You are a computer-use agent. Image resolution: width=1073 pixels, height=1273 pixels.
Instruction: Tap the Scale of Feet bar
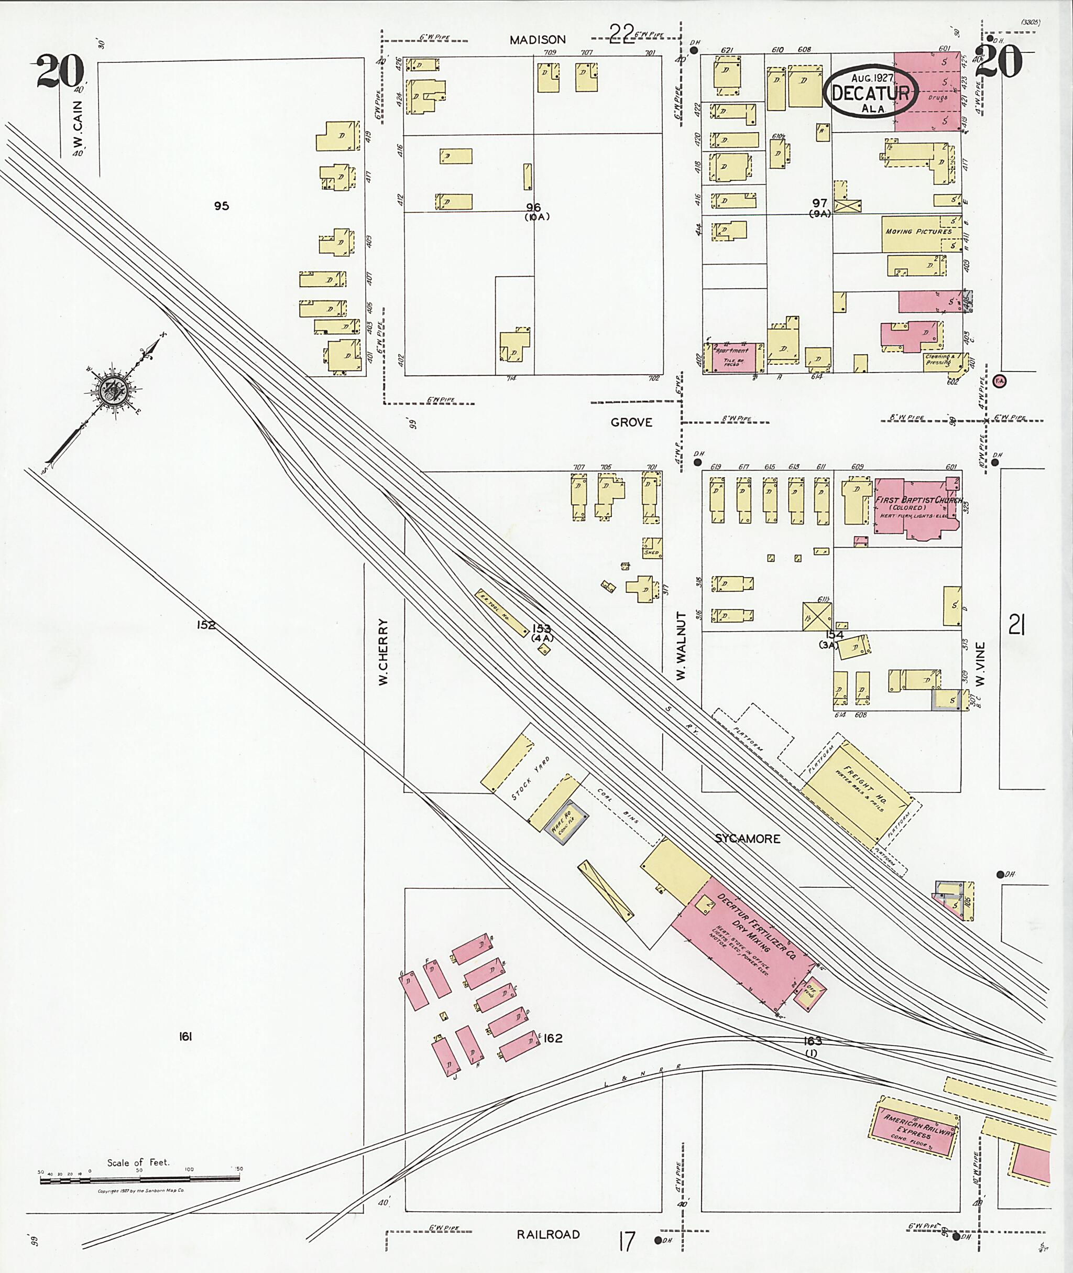[139, 1181]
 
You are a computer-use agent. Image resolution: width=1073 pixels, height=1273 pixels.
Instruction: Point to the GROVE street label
[631, 422]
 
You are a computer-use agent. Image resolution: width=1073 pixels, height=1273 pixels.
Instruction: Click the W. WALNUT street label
[681, 646]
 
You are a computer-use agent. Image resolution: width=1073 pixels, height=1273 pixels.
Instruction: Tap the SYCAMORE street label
[747, 839]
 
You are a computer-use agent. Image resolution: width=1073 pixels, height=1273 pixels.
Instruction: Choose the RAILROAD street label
[548, 1235]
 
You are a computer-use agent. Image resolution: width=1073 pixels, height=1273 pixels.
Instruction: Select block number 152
[206, 625]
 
